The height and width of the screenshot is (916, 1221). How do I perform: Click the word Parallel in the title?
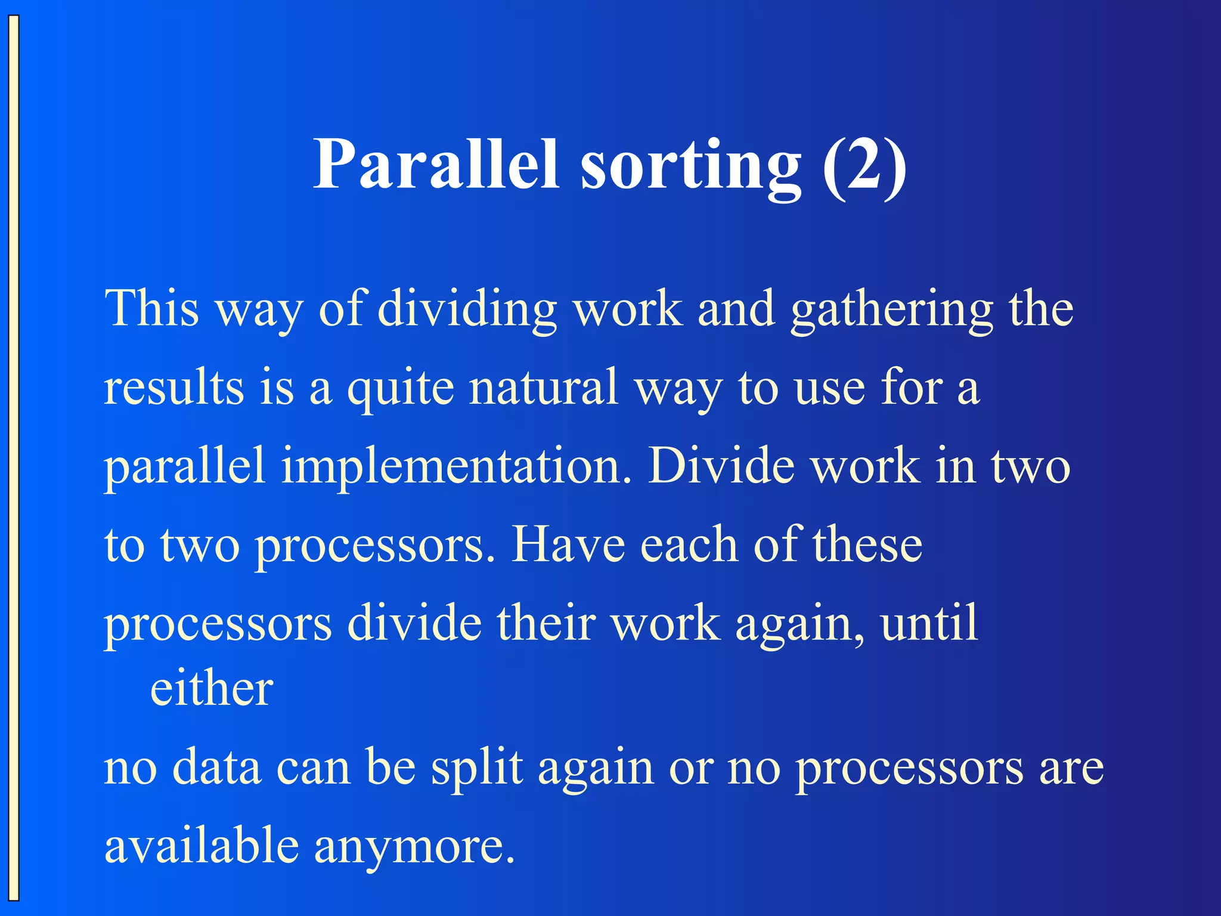(436, 164)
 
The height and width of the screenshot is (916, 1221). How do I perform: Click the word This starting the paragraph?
(151, 308)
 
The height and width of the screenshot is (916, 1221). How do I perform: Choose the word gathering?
(892, 310)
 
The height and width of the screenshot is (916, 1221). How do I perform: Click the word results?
(173, 388)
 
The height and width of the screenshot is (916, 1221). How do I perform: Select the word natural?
(543, 388)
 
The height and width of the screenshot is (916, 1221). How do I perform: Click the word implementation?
(456, 467)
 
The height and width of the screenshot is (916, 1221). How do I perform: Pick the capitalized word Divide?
(721, 466)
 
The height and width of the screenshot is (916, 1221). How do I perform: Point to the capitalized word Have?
(568, 545)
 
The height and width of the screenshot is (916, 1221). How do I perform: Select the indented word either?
(212, 689)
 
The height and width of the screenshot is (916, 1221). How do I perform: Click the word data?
(216, 768)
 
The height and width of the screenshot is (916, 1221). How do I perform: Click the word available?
(202, 846)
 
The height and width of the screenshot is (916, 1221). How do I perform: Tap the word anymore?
(414, 847)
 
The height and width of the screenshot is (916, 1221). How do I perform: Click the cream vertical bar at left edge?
(14, 458)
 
